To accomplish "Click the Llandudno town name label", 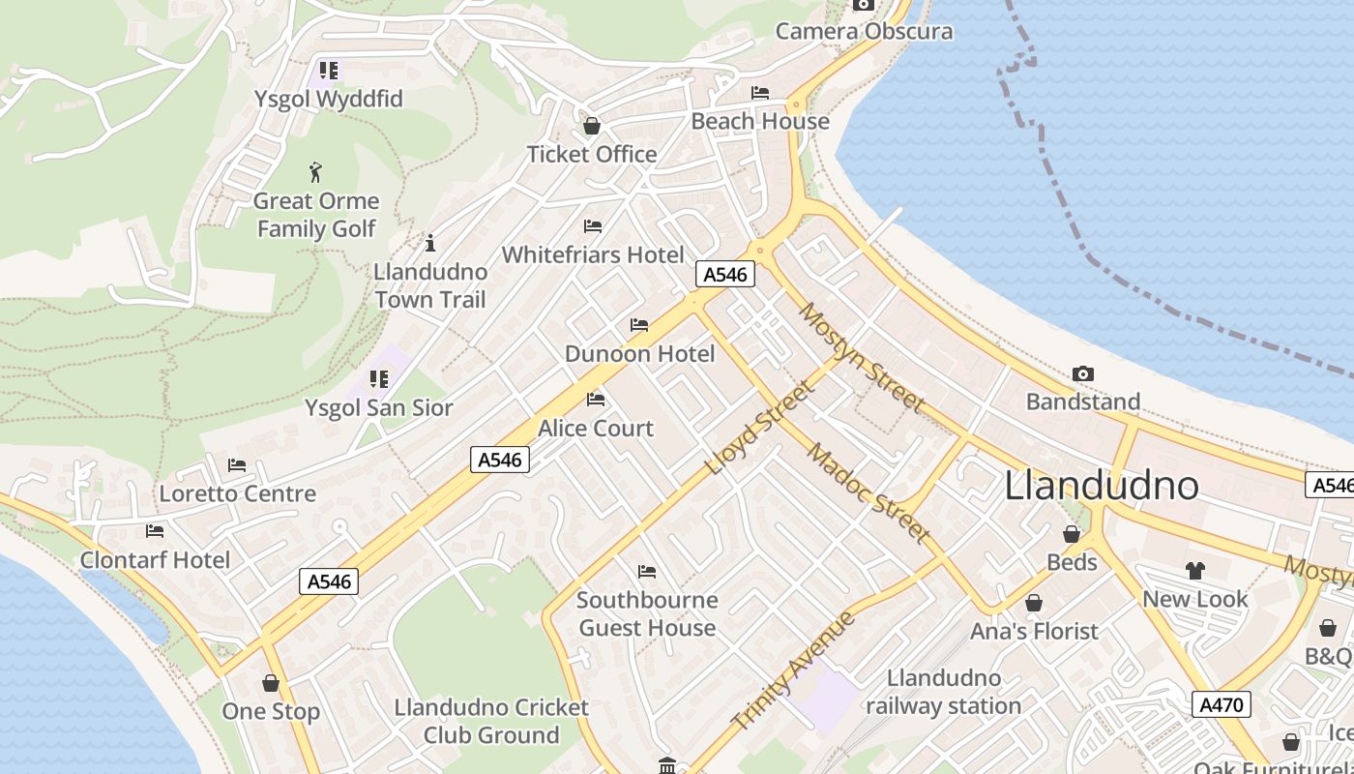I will point(1102,485).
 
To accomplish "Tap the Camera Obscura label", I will point(864,31).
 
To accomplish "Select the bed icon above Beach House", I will point(760,93).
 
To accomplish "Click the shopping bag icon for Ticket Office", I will point(591,126).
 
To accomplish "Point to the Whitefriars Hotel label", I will point(592,254).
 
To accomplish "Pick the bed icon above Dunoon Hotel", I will point(639,325).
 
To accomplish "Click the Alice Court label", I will point(596,428).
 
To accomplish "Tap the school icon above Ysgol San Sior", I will point(379,379).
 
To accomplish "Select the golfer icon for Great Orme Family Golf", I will point(315,173).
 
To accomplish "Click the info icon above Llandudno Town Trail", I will point(430,243).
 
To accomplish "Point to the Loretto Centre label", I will point(237,493).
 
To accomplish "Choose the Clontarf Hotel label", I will point(155,560).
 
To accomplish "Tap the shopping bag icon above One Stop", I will point(271,683).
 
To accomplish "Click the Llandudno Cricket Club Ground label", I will point(491,721).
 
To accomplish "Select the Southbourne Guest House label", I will point(647,613).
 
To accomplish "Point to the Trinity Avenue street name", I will point(794,670).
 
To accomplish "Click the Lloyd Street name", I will point(760,428).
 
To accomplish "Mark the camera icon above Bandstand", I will point(1083,373).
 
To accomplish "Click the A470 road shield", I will point(1221,704).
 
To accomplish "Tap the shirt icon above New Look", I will point(1195,571).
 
